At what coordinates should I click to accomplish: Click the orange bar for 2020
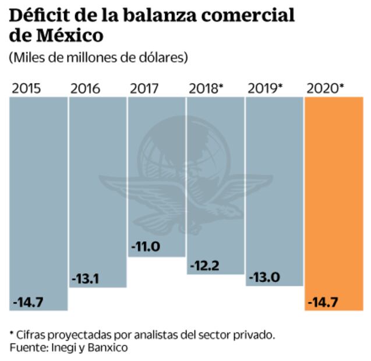click(334, 204)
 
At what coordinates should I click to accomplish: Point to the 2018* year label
click(206, 89)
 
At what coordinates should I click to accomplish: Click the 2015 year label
click(27, 89)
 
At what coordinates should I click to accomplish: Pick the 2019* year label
click(265, 89)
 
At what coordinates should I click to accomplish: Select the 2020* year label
click(325, 89)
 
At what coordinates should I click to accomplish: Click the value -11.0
click(145, 246)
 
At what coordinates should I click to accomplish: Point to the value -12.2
click(204, 266)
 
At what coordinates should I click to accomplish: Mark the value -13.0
click(263, 278)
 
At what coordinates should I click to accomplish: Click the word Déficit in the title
click(38, 14)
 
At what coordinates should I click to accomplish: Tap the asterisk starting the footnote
click(11, 334)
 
